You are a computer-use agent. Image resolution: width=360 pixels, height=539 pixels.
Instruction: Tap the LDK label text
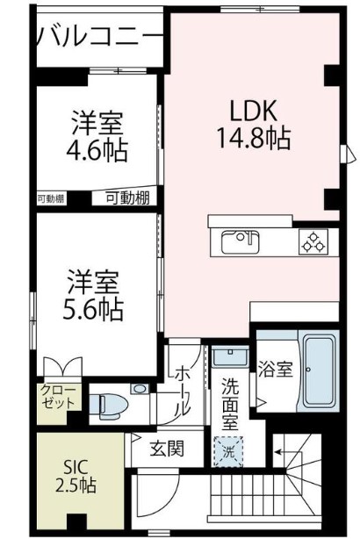(254, 111)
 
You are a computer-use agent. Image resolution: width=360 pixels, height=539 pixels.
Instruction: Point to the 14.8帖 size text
(254, 137)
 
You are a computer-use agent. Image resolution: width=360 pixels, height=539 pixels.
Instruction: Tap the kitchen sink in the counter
(239, 241)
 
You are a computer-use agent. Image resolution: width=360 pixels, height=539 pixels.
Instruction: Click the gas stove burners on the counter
(312, 240)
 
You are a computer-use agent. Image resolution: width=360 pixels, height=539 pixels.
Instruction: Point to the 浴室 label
(276, 370)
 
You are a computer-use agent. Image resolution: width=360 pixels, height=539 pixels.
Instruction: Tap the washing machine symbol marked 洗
(227, 453)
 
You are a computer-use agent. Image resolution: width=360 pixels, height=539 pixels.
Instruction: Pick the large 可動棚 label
(128, 198)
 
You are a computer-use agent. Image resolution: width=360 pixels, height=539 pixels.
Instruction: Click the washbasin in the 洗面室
(227, 357)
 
